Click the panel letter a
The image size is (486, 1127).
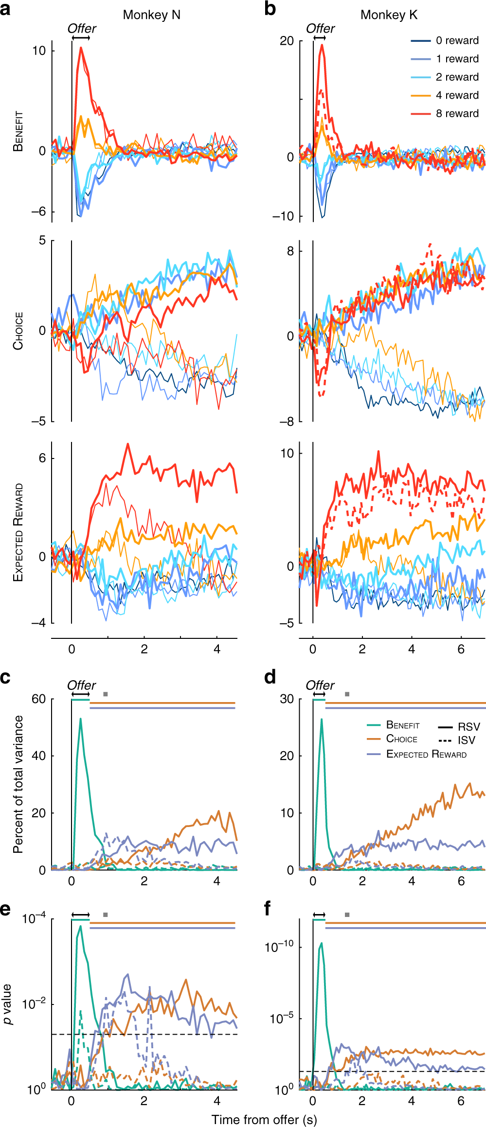click(6, 9)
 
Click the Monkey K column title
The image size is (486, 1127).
click(389, 15)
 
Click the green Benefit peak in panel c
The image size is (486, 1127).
click(81, 719)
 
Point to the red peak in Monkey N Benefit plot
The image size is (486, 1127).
click(81, 48)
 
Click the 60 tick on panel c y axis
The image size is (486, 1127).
click(39, 699)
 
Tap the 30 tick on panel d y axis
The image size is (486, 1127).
click(287, 699)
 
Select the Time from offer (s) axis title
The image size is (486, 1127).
click(264, 1119)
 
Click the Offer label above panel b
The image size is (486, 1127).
click(320, 29)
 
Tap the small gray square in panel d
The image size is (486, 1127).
click(347, 694)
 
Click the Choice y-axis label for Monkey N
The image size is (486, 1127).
click(18, 331)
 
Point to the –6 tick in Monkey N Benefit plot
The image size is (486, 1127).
click(38, 211)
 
